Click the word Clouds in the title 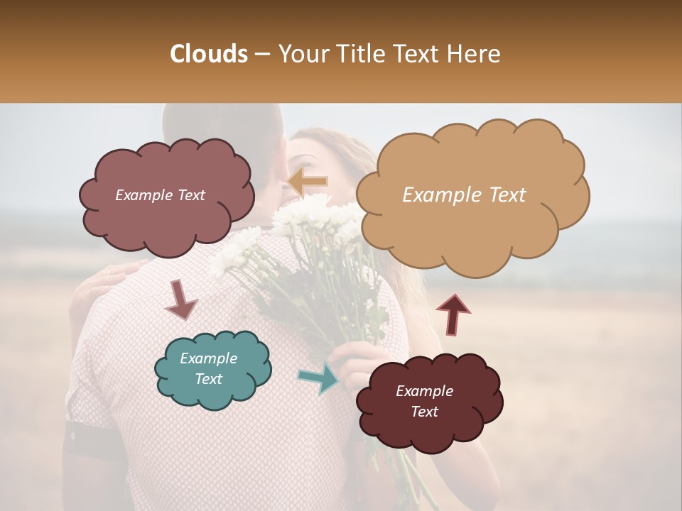click(208, 54)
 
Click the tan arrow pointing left click(308, 182)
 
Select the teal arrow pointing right click(320, 379)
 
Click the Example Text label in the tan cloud click(464, 195)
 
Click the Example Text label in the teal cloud click(208, 368)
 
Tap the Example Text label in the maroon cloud click(424, 401)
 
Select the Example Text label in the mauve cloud click(160, 195)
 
